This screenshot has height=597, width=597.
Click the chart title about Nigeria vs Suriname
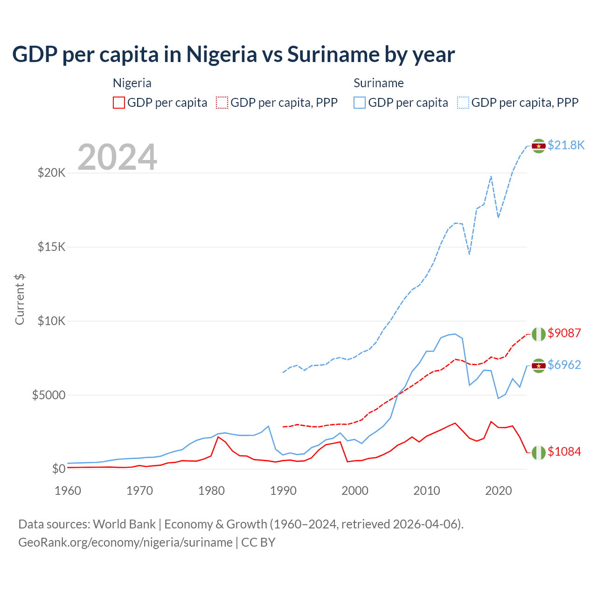233,55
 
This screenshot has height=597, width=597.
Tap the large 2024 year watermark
117,157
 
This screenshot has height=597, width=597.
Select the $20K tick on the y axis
52,173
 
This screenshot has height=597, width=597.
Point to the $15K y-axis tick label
52,247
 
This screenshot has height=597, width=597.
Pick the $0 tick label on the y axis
58,469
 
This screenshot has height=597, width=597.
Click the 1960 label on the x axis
68,491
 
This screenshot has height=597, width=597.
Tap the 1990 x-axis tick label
283,491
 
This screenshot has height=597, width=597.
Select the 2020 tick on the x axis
499,491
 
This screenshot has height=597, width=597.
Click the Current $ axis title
20,299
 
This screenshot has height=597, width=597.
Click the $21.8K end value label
566,145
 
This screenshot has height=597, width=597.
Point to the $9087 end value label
564,333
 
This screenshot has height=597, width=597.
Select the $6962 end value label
564,365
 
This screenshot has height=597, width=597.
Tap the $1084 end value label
564,451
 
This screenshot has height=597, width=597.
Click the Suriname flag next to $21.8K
539,146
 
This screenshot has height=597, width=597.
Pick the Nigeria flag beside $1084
539,452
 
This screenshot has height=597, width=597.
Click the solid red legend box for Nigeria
119,103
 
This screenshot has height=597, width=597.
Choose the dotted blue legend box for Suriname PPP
463,103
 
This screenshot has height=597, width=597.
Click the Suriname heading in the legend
378,83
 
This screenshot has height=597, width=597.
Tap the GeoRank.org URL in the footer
125,542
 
